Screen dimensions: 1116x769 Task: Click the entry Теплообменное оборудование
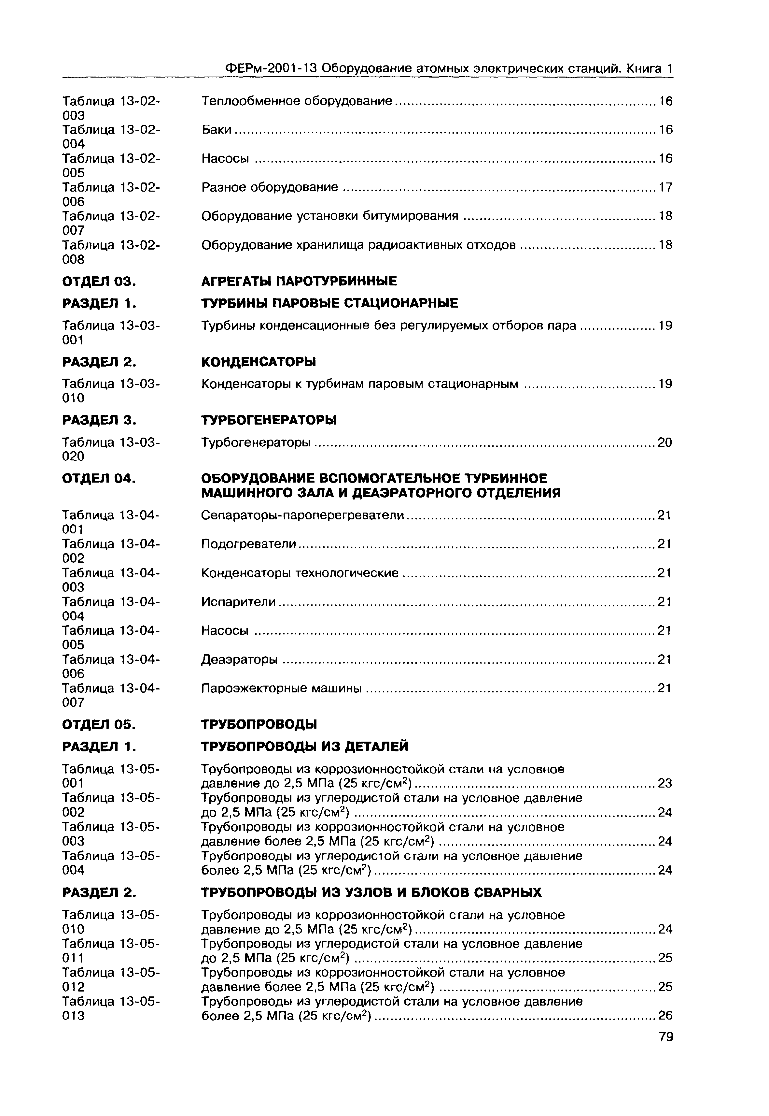click(x=297, y=101)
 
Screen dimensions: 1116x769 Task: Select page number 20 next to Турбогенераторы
click(x=664, y=443)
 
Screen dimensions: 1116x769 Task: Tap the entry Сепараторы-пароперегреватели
click(x=302, y=515)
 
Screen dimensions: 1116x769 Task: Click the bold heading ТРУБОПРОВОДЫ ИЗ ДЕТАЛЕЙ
click(x=304, y=747)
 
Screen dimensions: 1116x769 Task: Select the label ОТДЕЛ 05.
click(x=99, y=725)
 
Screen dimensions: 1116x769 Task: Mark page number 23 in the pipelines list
click(x=664, y=784)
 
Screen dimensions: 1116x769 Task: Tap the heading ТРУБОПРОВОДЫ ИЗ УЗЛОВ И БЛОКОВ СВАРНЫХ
click(x=371, y=893)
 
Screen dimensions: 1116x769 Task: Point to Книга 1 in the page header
click(x=649, y=68)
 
